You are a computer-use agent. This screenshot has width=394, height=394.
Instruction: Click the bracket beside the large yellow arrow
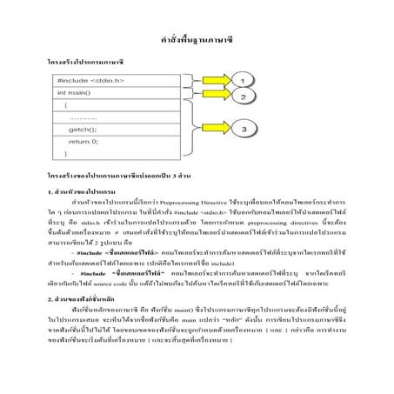[190, 129]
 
